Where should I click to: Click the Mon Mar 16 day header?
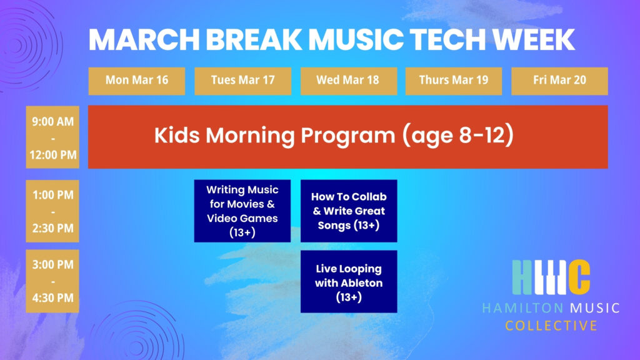pos(136,81)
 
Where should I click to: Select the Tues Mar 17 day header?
pos(242,81)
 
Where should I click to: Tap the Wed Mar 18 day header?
pos(349,81)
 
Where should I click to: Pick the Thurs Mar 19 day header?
pos(453,81)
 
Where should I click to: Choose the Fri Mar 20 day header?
pos(559,81)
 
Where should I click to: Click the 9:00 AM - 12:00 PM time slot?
pos(52,137)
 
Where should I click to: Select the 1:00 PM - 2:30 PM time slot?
pos(52,211)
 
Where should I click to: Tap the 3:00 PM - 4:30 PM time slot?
pos(52,281)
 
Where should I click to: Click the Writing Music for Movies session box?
pos(242,211)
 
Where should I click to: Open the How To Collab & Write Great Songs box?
pos(349,211)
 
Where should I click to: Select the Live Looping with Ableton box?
pos(349,281)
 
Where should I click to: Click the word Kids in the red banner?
pos(178,136)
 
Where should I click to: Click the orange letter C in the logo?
pos(579,276)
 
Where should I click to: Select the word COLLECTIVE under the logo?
pos(551,326)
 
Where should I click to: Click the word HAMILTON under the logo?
pos(521,308)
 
